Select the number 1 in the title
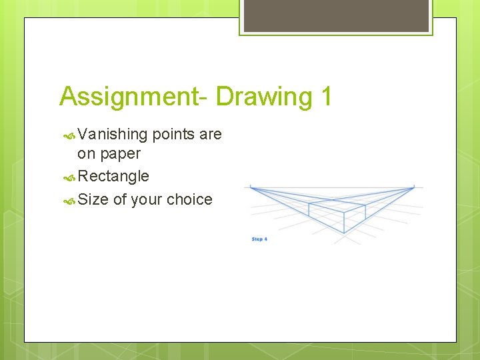(x=325, y=97)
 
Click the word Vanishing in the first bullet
(x=112, y=135)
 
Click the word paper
(x=119, y=154)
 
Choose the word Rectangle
(x=113, y=177)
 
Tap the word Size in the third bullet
(x=93, y=199)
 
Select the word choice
(x=189, y=199)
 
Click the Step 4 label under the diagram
(x=259, y=239)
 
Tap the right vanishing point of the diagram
(x=414, y=187)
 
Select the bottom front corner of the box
(x=343, y=233)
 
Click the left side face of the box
(x=325, y=216)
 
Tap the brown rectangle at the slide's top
(x=336, y=15)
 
